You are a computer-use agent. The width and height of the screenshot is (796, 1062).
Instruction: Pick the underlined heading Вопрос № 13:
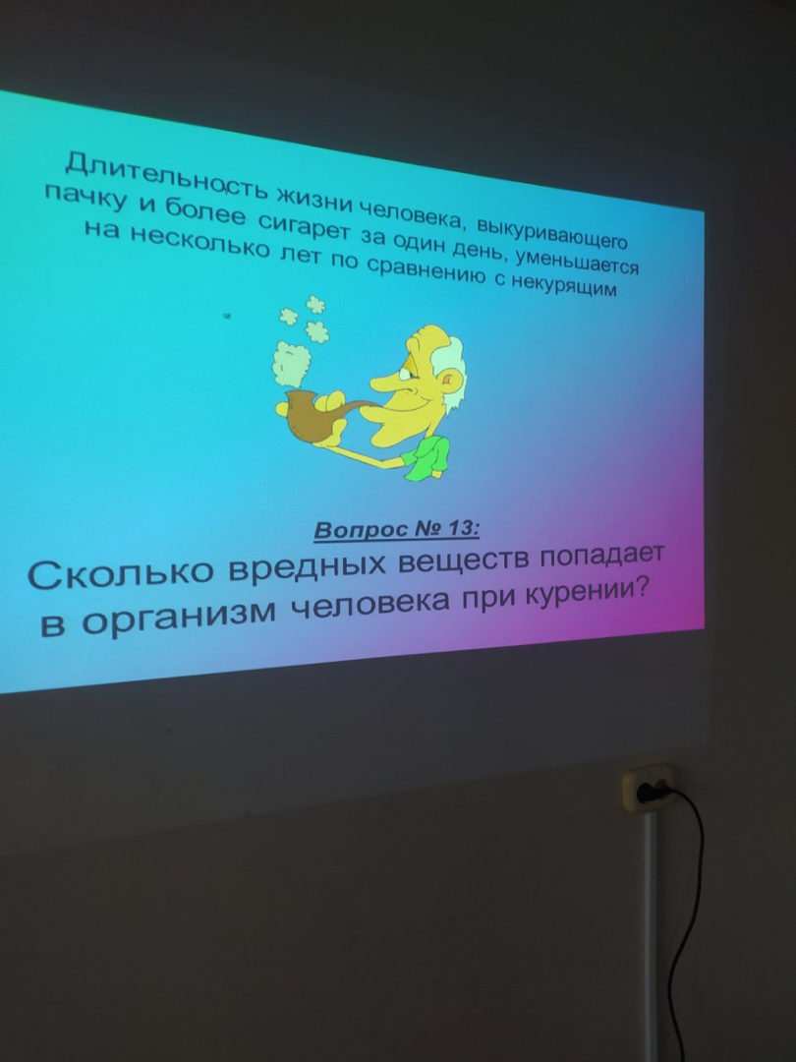[397, 529]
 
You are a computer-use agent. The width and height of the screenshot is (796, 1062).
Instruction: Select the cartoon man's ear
[447, 382]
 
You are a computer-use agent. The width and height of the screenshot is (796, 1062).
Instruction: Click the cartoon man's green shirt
[426, 457]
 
